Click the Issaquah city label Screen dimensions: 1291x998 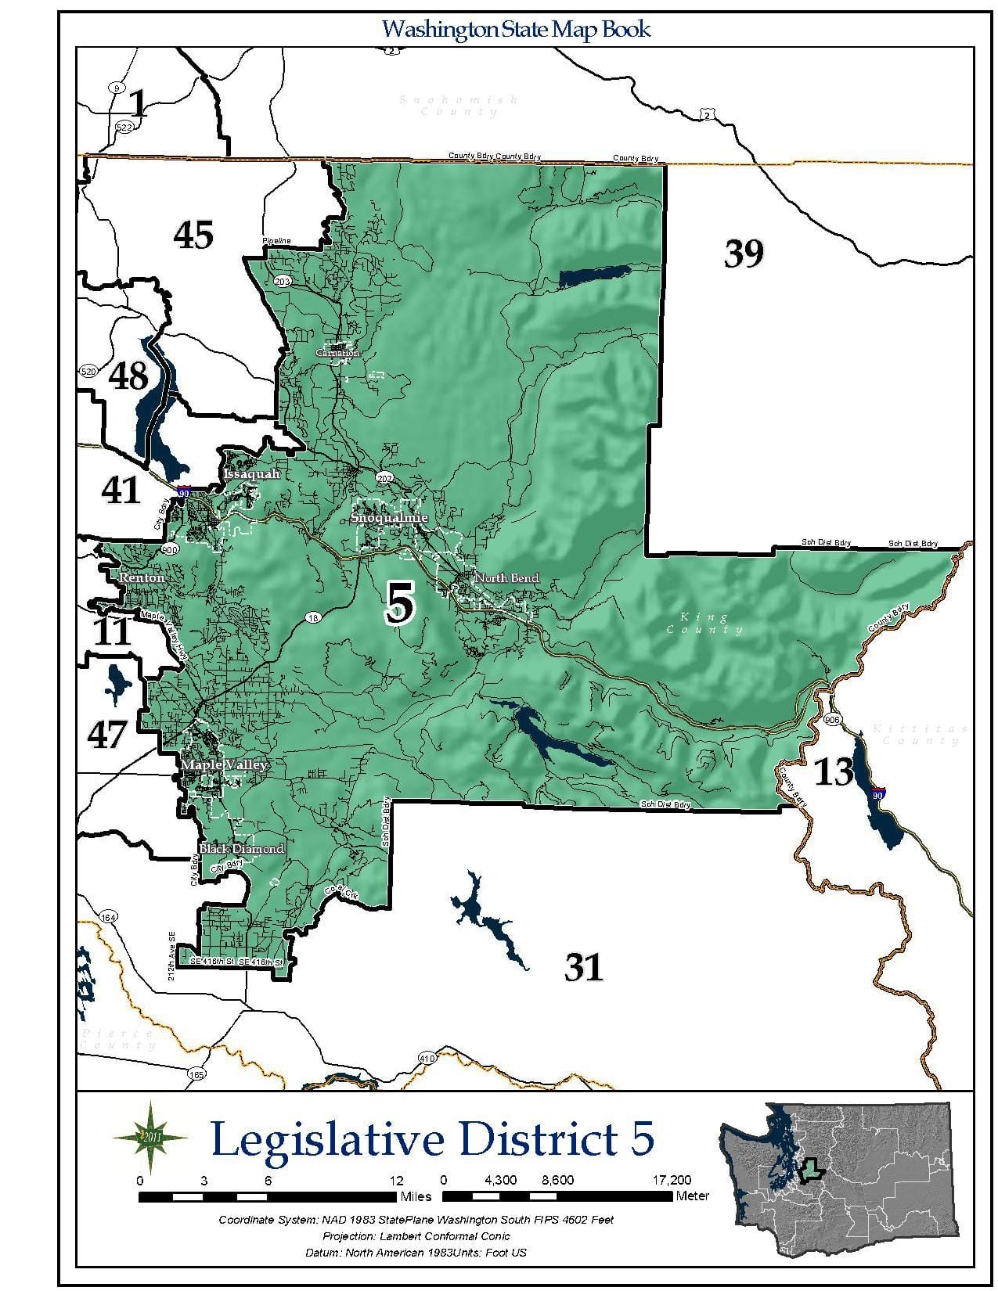coord(251,474)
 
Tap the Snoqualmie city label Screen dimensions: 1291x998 coord(389,518)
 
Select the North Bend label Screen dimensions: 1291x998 coord(507,578)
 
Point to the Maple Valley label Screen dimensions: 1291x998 coord(225,764)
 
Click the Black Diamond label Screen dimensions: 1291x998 coord(241,849)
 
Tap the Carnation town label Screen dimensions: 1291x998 coord(337,353)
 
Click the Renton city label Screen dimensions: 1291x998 coord(142,577)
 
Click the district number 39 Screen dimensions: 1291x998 coord(743,253)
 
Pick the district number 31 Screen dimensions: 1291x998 coord(584,968)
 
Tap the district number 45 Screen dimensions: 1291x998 coord(193,235)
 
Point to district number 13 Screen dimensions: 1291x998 coord(834,771)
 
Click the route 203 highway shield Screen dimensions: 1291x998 coord(282,281)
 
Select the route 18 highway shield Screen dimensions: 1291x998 coord(313,618)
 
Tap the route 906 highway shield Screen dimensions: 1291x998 coord(832,720)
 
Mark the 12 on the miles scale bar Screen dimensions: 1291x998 coord(397,1180)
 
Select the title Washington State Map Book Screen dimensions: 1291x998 coord(516,30)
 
